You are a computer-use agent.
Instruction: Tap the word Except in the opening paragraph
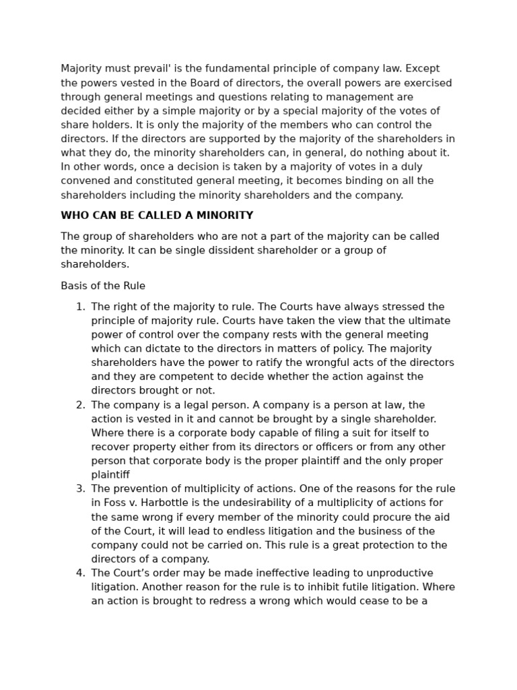pos(422,69)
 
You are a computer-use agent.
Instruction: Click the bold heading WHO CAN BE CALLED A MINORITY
pos(157,216)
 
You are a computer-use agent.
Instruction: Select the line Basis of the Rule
pos(103,286)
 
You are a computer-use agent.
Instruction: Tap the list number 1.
pos(80,307)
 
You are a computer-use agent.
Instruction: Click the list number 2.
pos(80,405)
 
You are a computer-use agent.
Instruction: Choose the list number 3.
pos(80,489)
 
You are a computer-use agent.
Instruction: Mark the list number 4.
pos(80,573)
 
